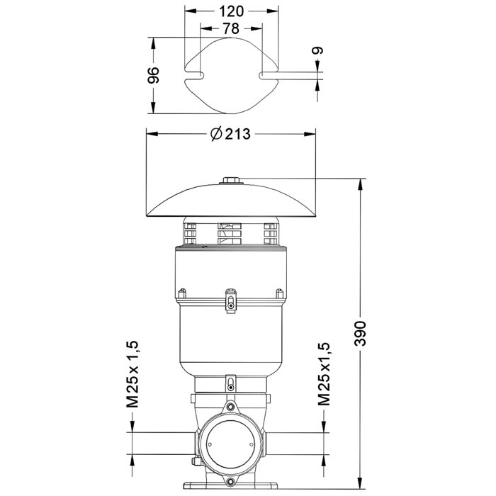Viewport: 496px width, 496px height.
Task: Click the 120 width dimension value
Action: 232,11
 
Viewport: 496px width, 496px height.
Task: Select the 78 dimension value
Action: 231,29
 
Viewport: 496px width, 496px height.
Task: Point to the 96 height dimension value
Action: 154,74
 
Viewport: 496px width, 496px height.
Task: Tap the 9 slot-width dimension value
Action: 318,50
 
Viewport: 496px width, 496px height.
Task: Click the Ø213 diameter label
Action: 230,134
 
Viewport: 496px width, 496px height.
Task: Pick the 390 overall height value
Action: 360,334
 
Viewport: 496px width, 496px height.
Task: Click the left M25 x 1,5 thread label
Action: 133,374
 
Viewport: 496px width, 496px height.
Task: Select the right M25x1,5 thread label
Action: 324,374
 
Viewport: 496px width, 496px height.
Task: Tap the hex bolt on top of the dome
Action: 231,181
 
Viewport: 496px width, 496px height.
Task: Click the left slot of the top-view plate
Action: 194,75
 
